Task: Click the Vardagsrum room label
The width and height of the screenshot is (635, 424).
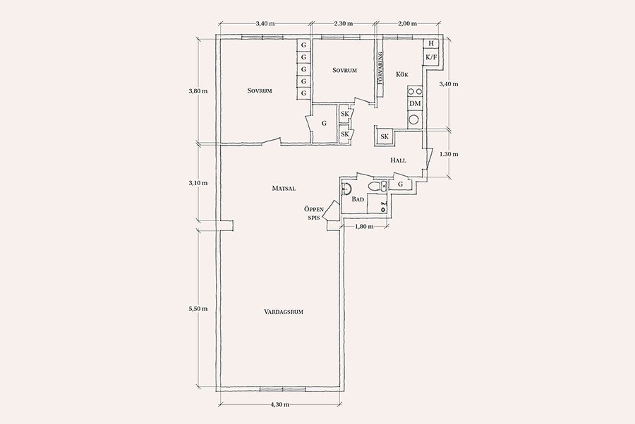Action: pos(284,312)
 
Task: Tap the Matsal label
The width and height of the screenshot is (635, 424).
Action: pos(284,188)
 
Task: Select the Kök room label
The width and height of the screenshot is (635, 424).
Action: pos(402,74)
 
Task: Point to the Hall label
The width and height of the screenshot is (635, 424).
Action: pos(398,160)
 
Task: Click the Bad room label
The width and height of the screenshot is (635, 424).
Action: pos(358,199)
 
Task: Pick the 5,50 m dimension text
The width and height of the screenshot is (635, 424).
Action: pos(198,309)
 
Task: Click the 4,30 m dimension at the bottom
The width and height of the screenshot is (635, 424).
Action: pos(279,404)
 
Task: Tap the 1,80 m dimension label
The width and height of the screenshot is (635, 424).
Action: pos(364,226)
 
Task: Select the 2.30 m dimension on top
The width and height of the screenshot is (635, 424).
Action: pos(344,23)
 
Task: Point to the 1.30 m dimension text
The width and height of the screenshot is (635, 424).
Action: pos(449,154)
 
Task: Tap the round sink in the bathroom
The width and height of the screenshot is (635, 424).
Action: pos(346,188)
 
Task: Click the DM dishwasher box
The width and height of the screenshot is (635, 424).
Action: pos(415,104)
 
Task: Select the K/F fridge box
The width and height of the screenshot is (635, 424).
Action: pos(431,57)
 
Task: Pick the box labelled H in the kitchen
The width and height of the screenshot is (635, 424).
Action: pos(430,43)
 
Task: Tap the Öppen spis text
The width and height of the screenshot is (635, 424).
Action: pos(314,213)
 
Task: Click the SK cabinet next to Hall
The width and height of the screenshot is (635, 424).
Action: pos(385,136)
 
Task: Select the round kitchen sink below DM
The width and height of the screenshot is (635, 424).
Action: pos(414,119)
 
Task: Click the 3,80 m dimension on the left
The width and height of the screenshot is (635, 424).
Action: pos(198,91)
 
